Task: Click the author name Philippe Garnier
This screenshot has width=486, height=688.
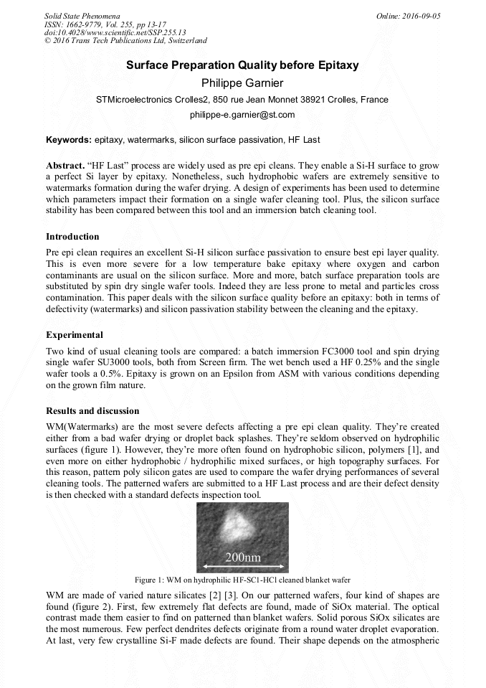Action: coord(242,83)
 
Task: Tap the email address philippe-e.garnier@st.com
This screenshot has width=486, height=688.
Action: coord(242,115)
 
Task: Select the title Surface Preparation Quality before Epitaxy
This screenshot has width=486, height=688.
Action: coord(242,65)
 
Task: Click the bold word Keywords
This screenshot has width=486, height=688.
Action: coord(68,139)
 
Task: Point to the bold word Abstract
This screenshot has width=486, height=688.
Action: coord(65,165)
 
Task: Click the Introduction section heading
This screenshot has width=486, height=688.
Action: coord(72,237)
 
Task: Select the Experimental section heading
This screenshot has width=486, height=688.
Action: coord(75,335)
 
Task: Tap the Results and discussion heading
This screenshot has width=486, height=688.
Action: coord(92,411)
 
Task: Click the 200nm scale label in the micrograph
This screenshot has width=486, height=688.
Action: coord(243,557)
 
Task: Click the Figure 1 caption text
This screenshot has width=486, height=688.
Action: coord(242,580)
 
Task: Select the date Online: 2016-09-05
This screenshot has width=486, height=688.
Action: coord(409,16)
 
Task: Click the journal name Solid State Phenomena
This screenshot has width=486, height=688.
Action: coord(82,16)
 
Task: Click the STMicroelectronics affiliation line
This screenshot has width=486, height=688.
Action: coord(242,100)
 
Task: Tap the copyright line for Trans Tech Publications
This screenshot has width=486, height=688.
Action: coord(125,41)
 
